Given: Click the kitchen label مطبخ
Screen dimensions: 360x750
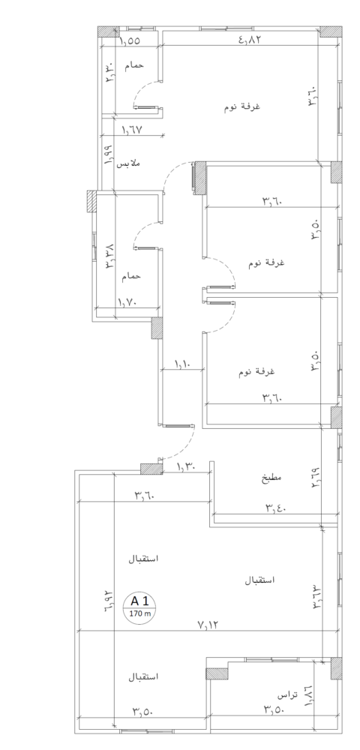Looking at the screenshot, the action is (272, 477).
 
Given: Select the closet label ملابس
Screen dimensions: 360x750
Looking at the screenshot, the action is (128, 163).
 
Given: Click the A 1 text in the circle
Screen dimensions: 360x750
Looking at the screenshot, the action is (140, 600).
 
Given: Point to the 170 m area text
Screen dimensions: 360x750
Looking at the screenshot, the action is (140, 613).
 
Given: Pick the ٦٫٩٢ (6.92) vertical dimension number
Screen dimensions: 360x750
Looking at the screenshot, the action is (108, 598).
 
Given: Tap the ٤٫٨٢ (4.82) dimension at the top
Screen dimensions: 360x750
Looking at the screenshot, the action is (250, 39).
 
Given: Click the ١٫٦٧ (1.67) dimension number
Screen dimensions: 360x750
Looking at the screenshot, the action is (133, 129).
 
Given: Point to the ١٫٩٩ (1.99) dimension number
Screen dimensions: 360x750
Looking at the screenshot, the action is (108, 155).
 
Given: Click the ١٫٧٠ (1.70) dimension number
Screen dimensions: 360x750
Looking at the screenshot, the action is (128, 301).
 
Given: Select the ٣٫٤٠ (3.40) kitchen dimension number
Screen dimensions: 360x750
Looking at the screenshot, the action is (276, 508).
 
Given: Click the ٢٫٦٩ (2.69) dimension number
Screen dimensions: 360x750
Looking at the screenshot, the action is (316, 478).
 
